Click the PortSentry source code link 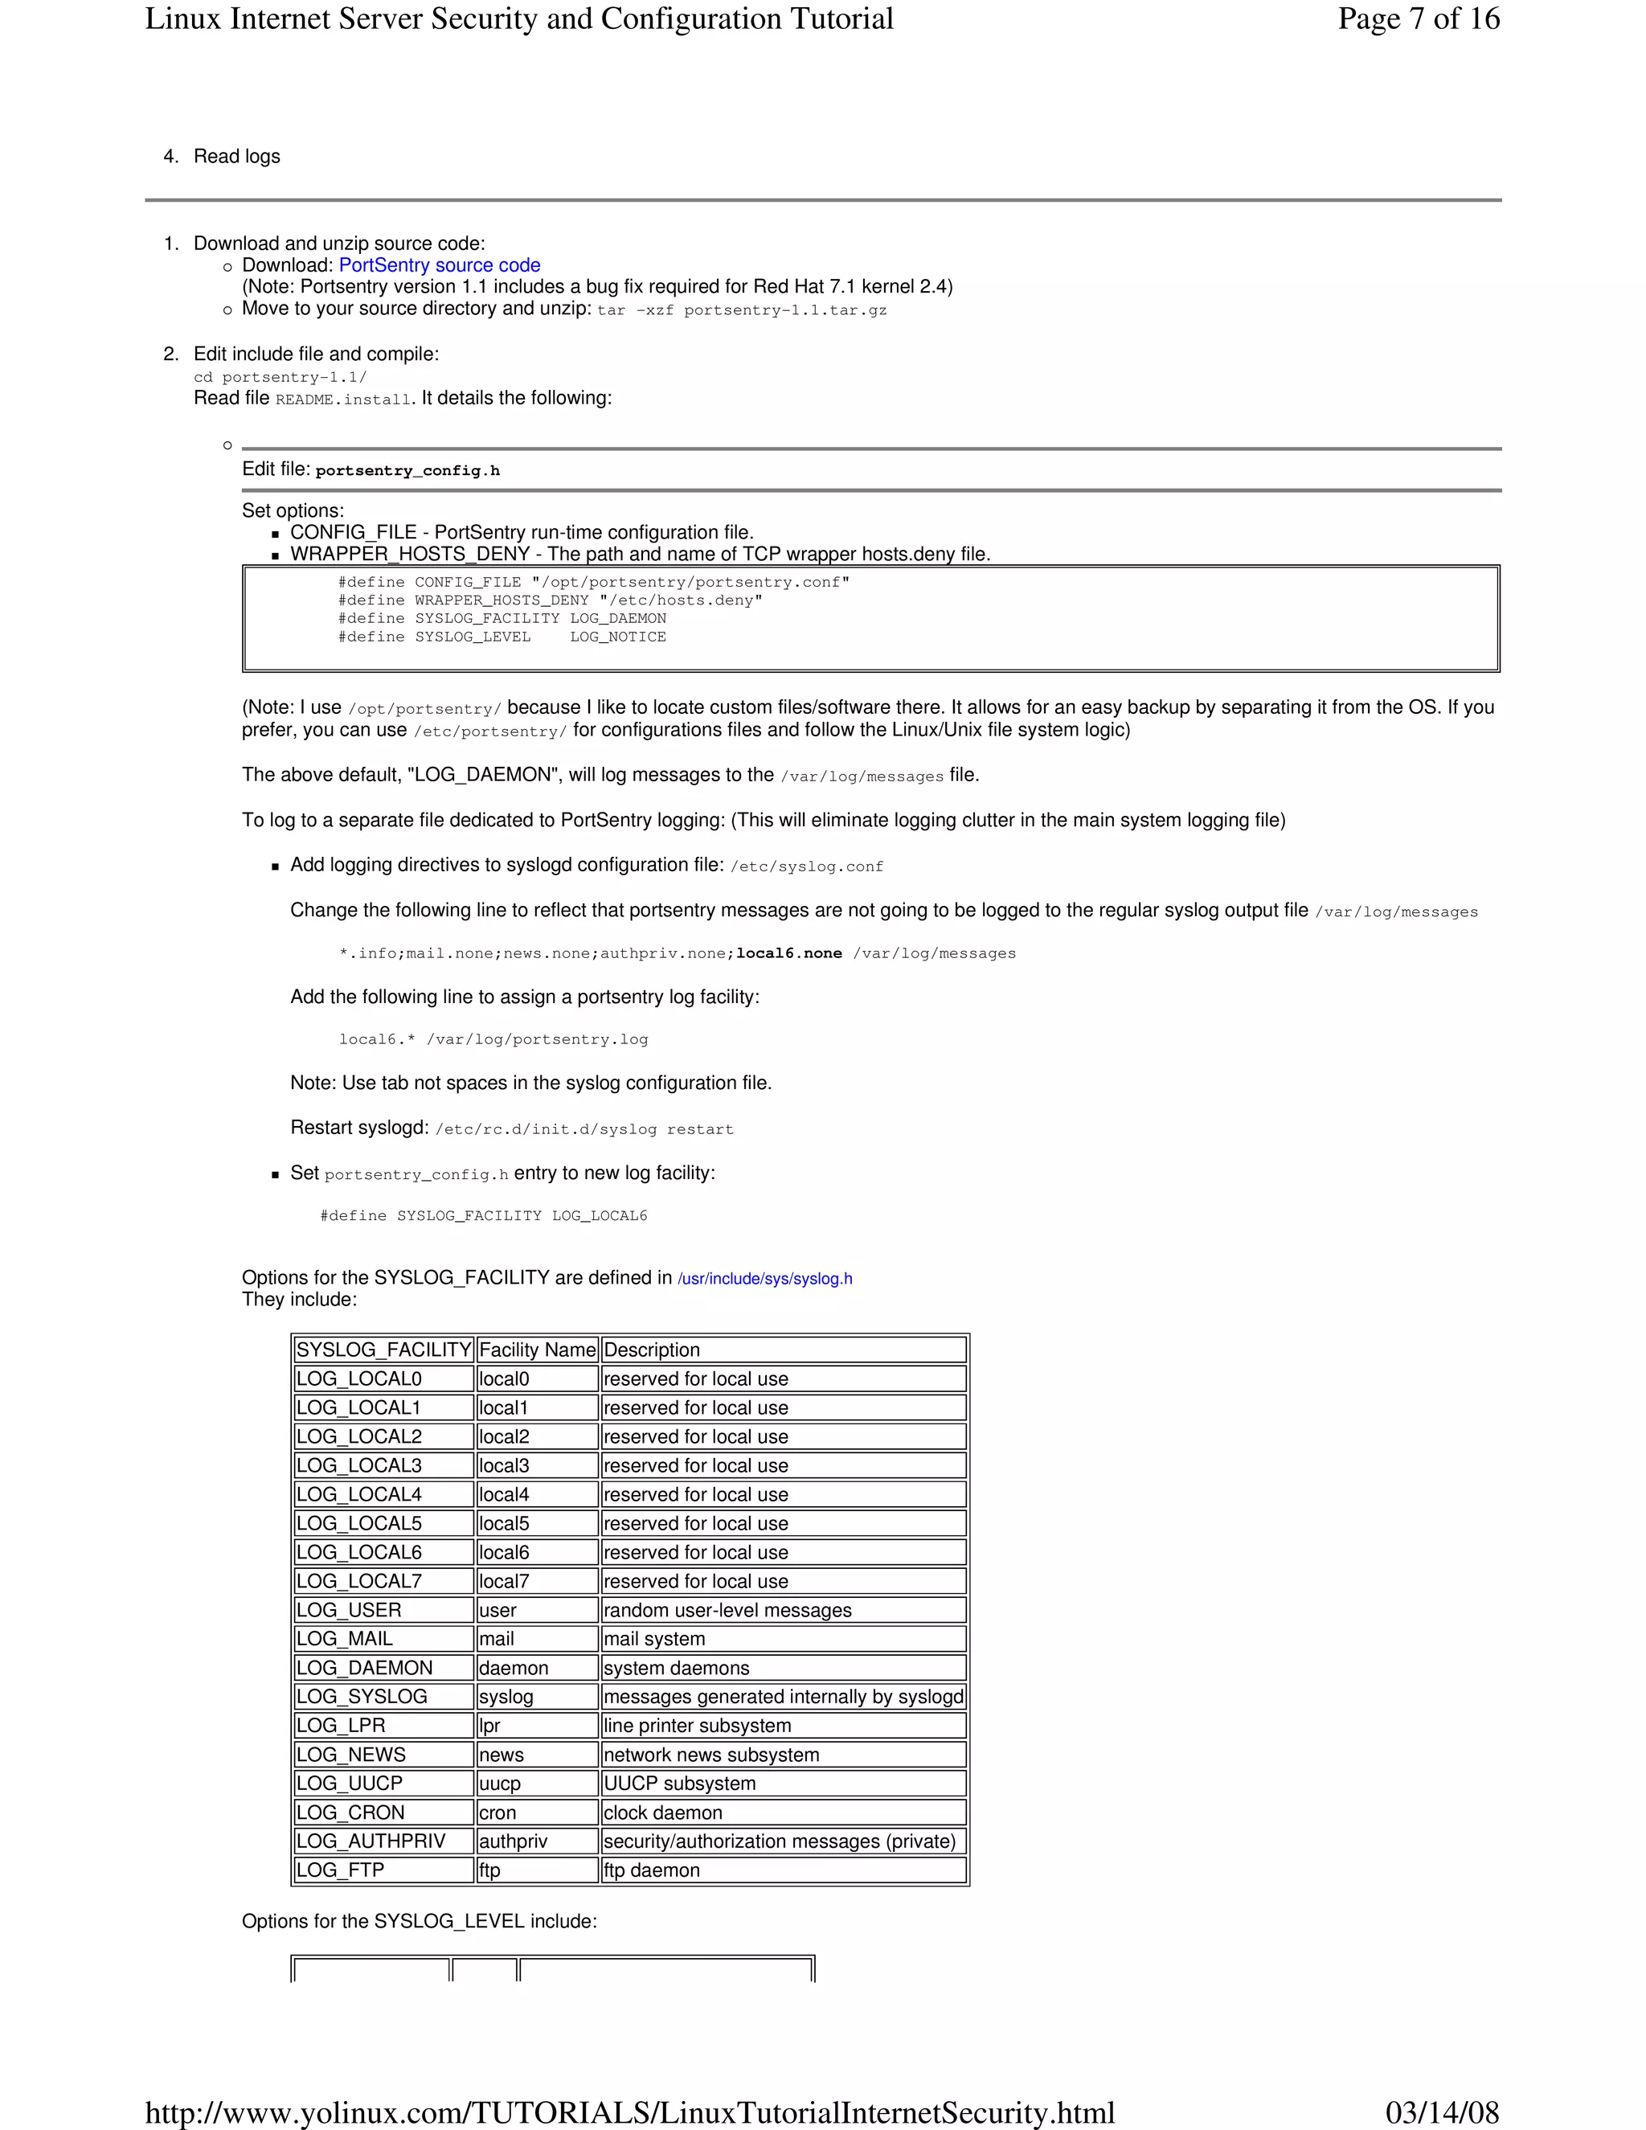coord(439,265)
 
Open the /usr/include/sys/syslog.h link coord(764,1279)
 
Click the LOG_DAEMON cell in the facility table coord(364,1668)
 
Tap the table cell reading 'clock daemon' coord(663,1812)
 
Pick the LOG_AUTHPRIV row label coord(371,1841)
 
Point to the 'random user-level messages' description coord(727,1610)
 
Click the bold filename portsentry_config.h coord(407,471)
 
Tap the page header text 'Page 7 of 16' coord(1418,19)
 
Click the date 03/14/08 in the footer coord(1441,2112)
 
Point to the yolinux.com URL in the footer coord(629,2112)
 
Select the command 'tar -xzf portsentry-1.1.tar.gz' coord(741,310)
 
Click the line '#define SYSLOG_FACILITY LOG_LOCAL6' coord(484,1216)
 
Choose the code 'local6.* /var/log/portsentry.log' coord(493,1039)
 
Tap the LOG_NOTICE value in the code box coord(618,637)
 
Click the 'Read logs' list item coord(237,157)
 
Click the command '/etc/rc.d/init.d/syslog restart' coord(584,1129)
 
